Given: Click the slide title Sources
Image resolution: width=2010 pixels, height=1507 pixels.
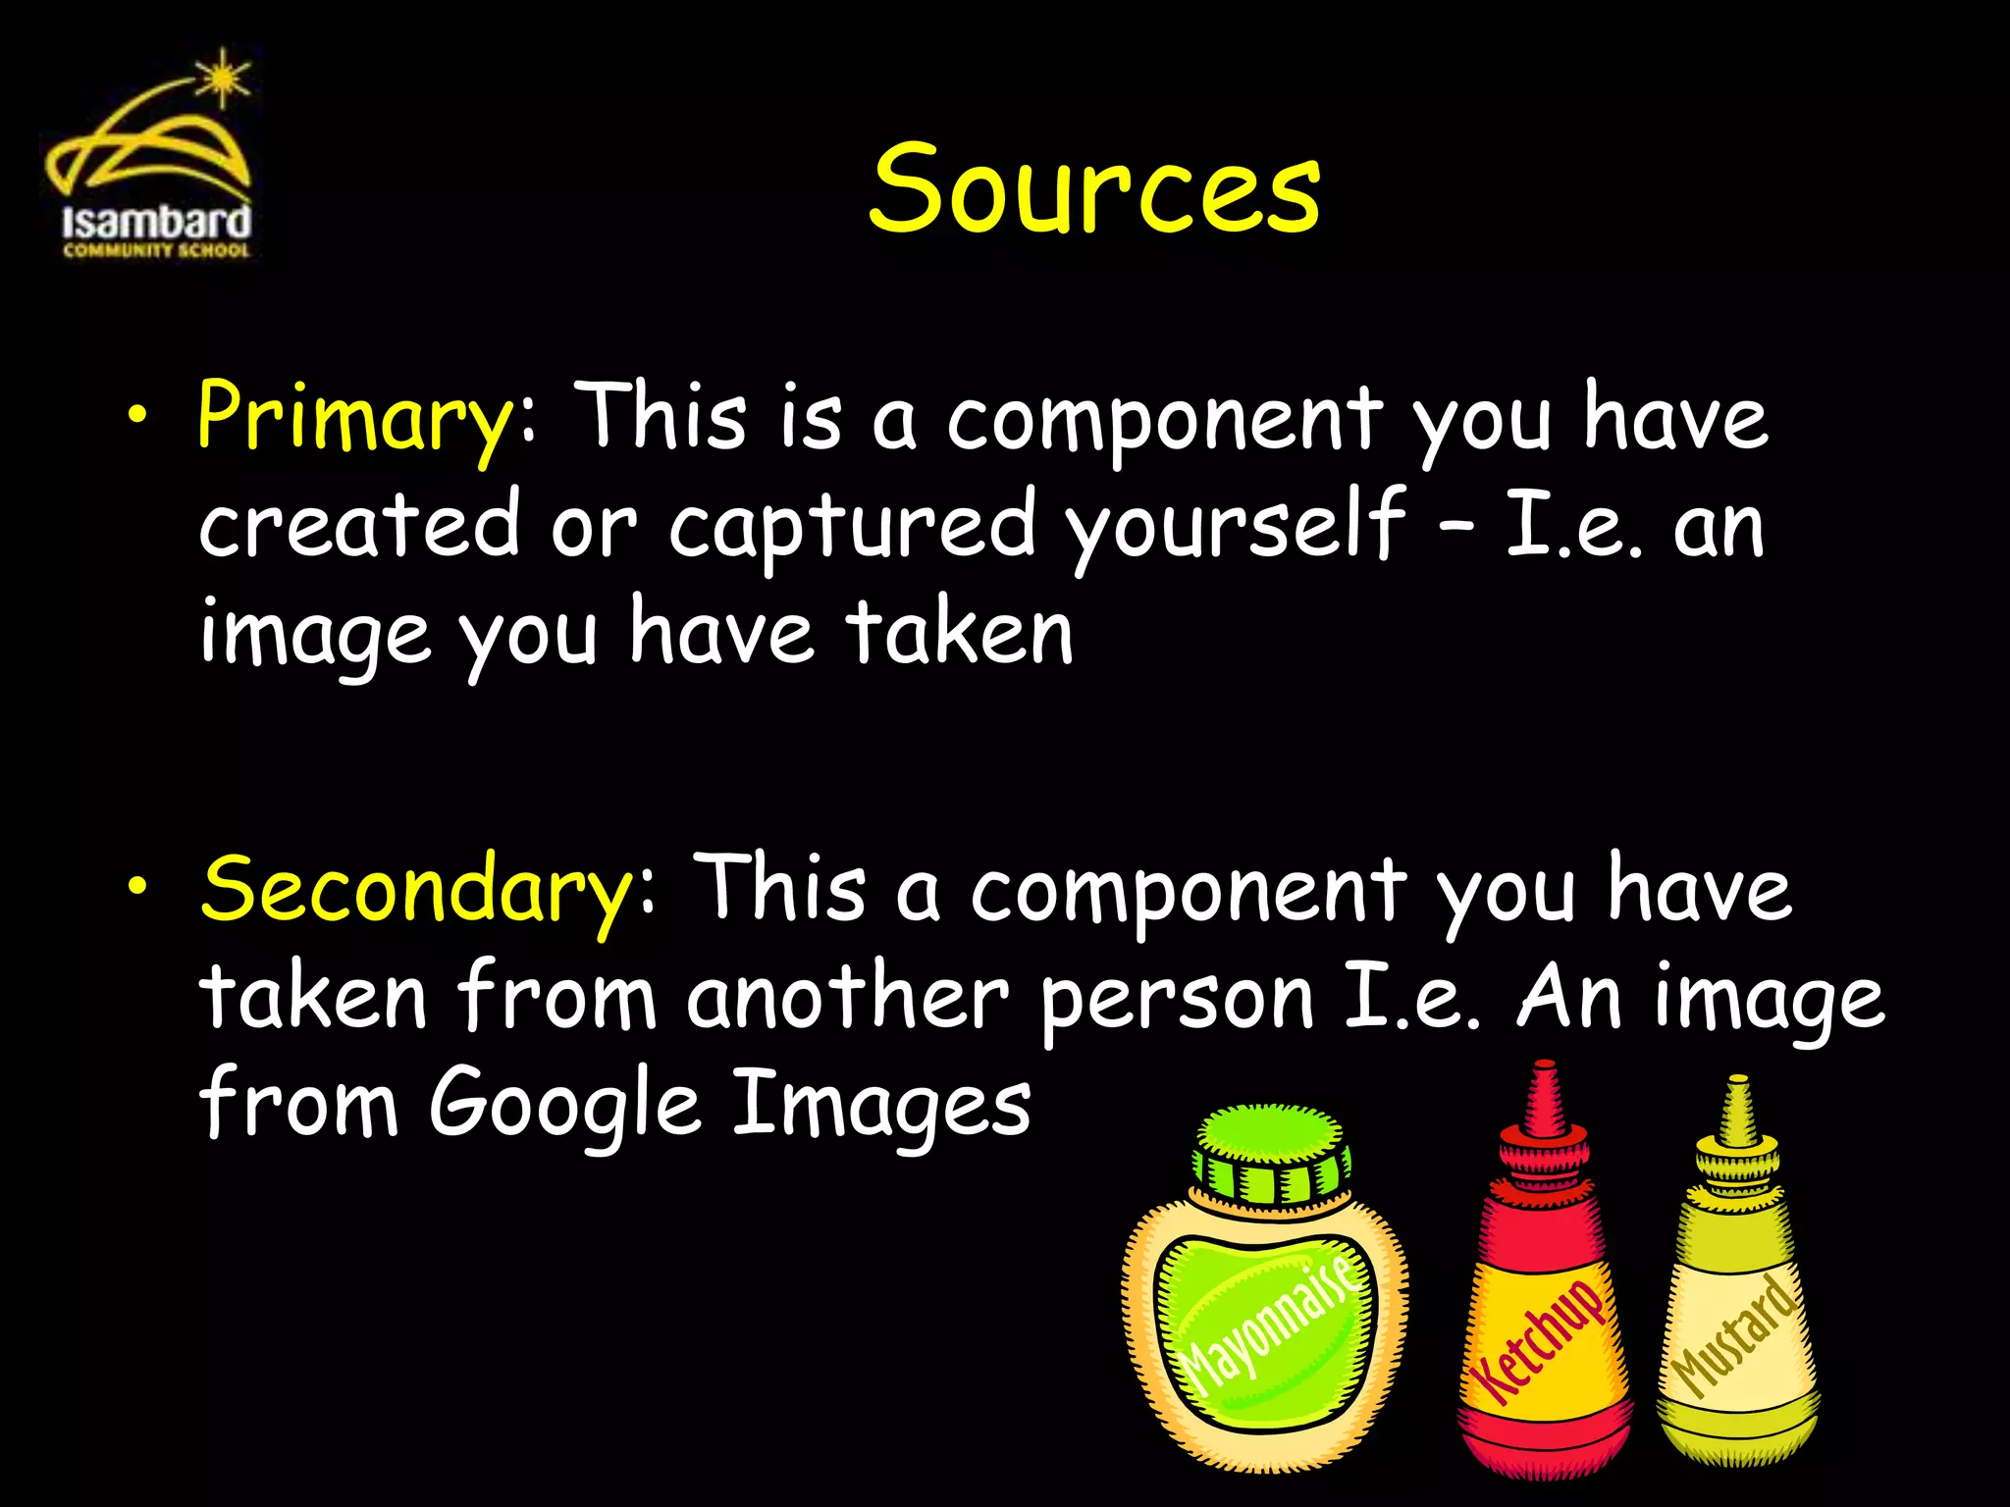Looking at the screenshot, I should pyautogui.click(x=1094, y=188).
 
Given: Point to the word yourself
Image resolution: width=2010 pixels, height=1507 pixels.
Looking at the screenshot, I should pyautogui.click(x=1237, y=526).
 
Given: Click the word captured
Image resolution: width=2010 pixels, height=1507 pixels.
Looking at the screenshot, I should pyautogui.click(x=851, y=526).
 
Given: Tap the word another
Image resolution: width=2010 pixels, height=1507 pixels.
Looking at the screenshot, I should pyautogui.click(x=847, y=997).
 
